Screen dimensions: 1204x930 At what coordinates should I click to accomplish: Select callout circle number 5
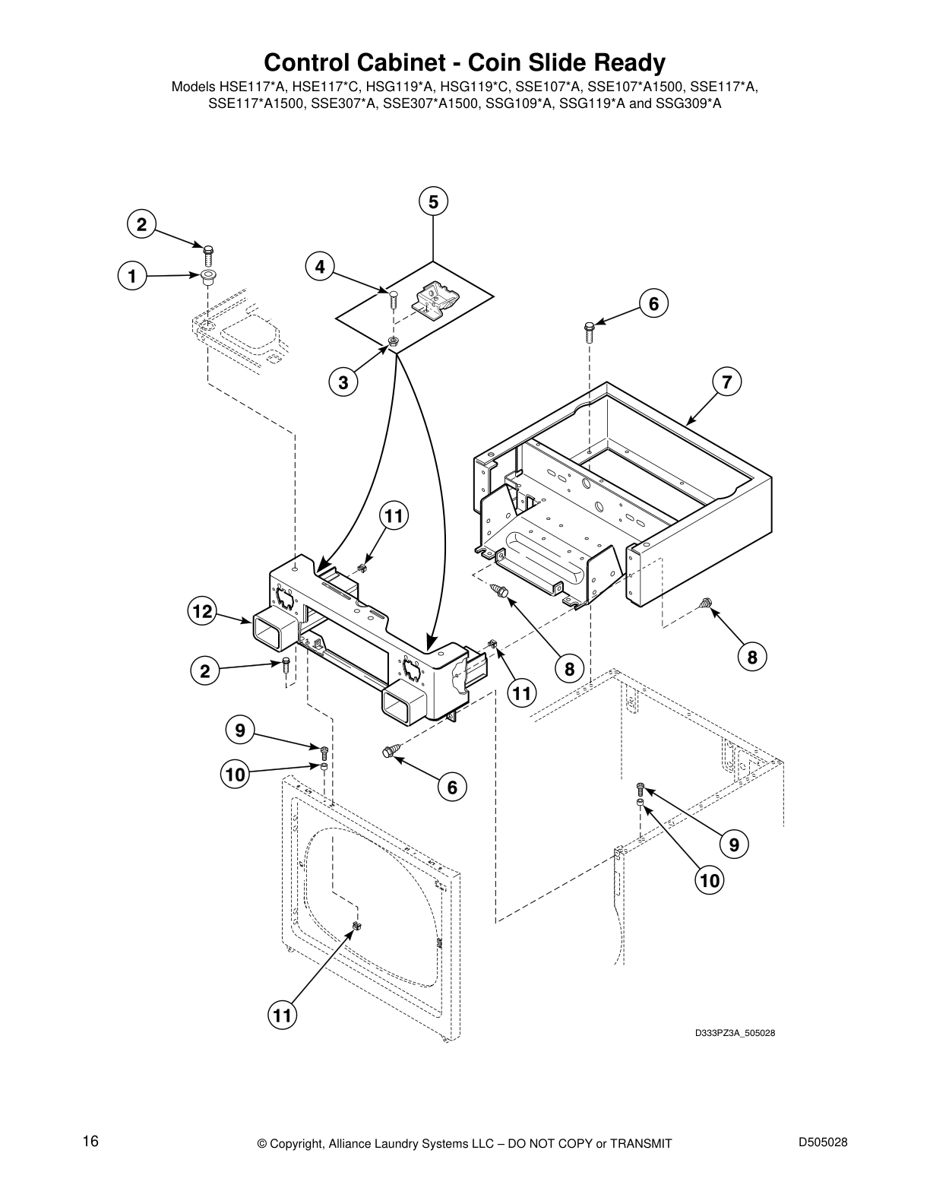tap(433, 202)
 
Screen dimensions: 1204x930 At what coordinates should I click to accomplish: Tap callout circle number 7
tap(727, 382)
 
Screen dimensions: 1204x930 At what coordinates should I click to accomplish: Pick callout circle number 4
tap(320, 267)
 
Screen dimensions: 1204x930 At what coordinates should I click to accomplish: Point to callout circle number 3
tap(343, 383)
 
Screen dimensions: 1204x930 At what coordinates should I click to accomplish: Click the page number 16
tap(91, 1142)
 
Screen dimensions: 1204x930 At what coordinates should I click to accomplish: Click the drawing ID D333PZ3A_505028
tap(734, 1033)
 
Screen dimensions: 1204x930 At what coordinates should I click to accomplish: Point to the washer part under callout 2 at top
tap(207, 276)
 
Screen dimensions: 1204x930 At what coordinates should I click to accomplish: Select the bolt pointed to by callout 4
tap(393, 298)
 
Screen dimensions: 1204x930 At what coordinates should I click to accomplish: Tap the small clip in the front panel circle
tap(357, 926)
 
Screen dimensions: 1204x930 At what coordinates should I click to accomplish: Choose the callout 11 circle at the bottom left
tap(281, 1015)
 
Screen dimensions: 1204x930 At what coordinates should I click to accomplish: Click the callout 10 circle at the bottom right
tap(709, 880)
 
